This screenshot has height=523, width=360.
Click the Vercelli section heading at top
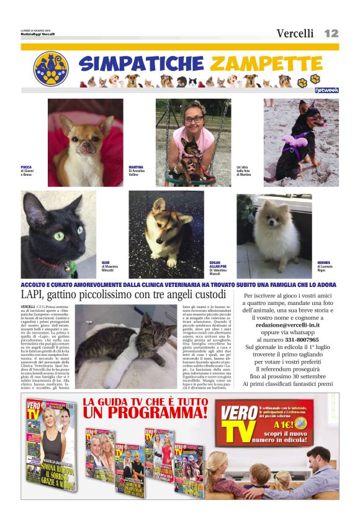tap(295, 34)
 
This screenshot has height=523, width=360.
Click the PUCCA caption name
tap(26, 167)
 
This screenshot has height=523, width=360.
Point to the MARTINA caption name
tap(136, 167)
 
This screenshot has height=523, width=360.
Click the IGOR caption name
tap(106, 263)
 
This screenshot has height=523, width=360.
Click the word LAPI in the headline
tap(35, 294)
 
